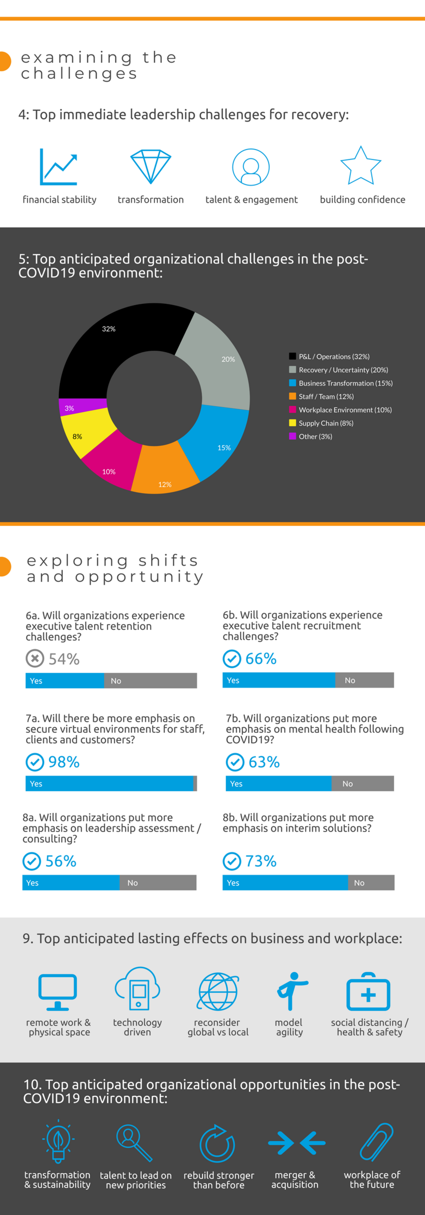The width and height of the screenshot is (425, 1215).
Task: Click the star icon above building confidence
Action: pos(361,166)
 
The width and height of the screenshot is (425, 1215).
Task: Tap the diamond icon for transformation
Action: pos(151,166)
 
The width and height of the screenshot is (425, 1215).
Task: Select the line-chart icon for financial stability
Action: pos(58,167)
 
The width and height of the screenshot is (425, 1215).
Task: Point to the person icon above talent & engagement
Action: pos(251,167)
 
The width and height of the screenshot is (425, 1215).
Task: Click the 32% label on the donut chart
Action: pos(109,329)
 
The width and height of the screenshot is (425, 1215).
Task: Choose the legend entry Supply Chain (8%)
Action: pos(326,423)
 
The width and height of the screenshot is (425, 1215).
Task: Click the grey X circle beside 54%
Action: pos(35,658)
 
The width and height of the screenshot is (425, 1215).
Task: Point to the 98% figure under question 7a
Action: pos(64,762)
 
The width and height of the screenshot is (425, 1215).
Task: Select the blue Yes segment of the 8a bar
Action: pos(71,882)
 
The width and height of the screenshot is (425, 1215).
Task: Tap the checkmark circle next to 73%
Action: pos(232,861)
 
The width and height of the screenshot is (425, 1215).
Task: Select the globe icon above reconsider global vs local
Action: pos(218,992)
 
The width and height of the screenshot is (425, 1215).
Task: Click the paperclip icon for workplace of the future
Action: pos(377,1141)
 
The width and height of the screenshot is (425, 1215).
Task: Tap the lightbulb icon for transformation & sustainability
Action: pos(58,1142)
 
